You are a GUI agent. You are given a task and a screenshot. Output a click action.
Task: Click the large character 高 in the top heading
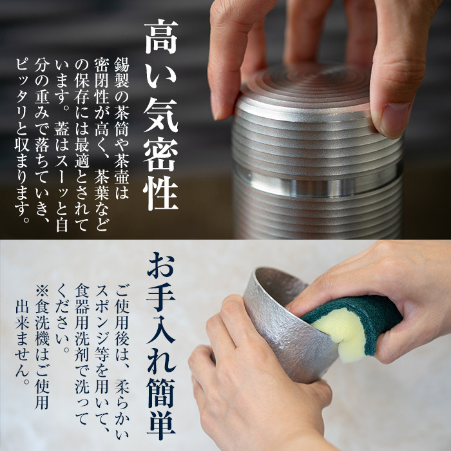(160, 37)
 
